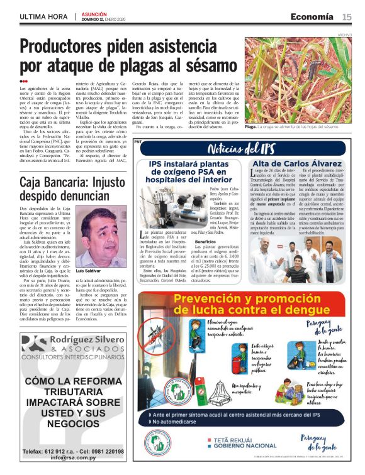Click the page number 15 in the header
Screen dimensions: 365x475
[x=347, y=16]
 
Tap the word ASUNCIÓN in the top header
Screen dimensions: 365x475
[x=94, y=13]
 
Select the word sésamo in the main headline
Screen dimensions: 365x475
[x=208, y=65]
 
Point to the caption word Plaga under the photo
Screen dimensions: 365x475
[x=251, y=126]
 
